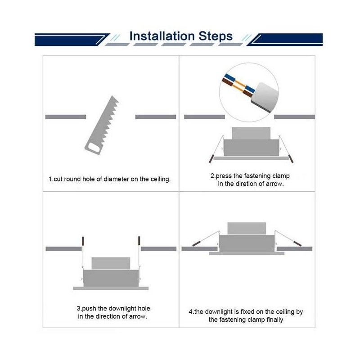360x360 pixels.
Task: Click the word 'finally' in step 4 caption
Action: coord(273,320)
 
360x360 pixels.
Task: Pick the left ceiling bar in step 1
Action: coord(65,117)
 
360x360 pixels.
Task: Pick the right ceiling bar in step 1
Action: coord(156,117)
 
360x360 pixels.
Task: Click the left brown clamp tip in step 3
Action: coord(83,241)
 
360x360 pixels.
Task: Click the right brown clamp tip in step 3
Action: coord(139,241)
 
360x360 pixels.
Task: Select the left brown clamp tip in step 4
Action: coord(197,243)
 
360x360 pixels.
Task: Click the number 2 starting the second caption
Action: coord(212,176)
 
